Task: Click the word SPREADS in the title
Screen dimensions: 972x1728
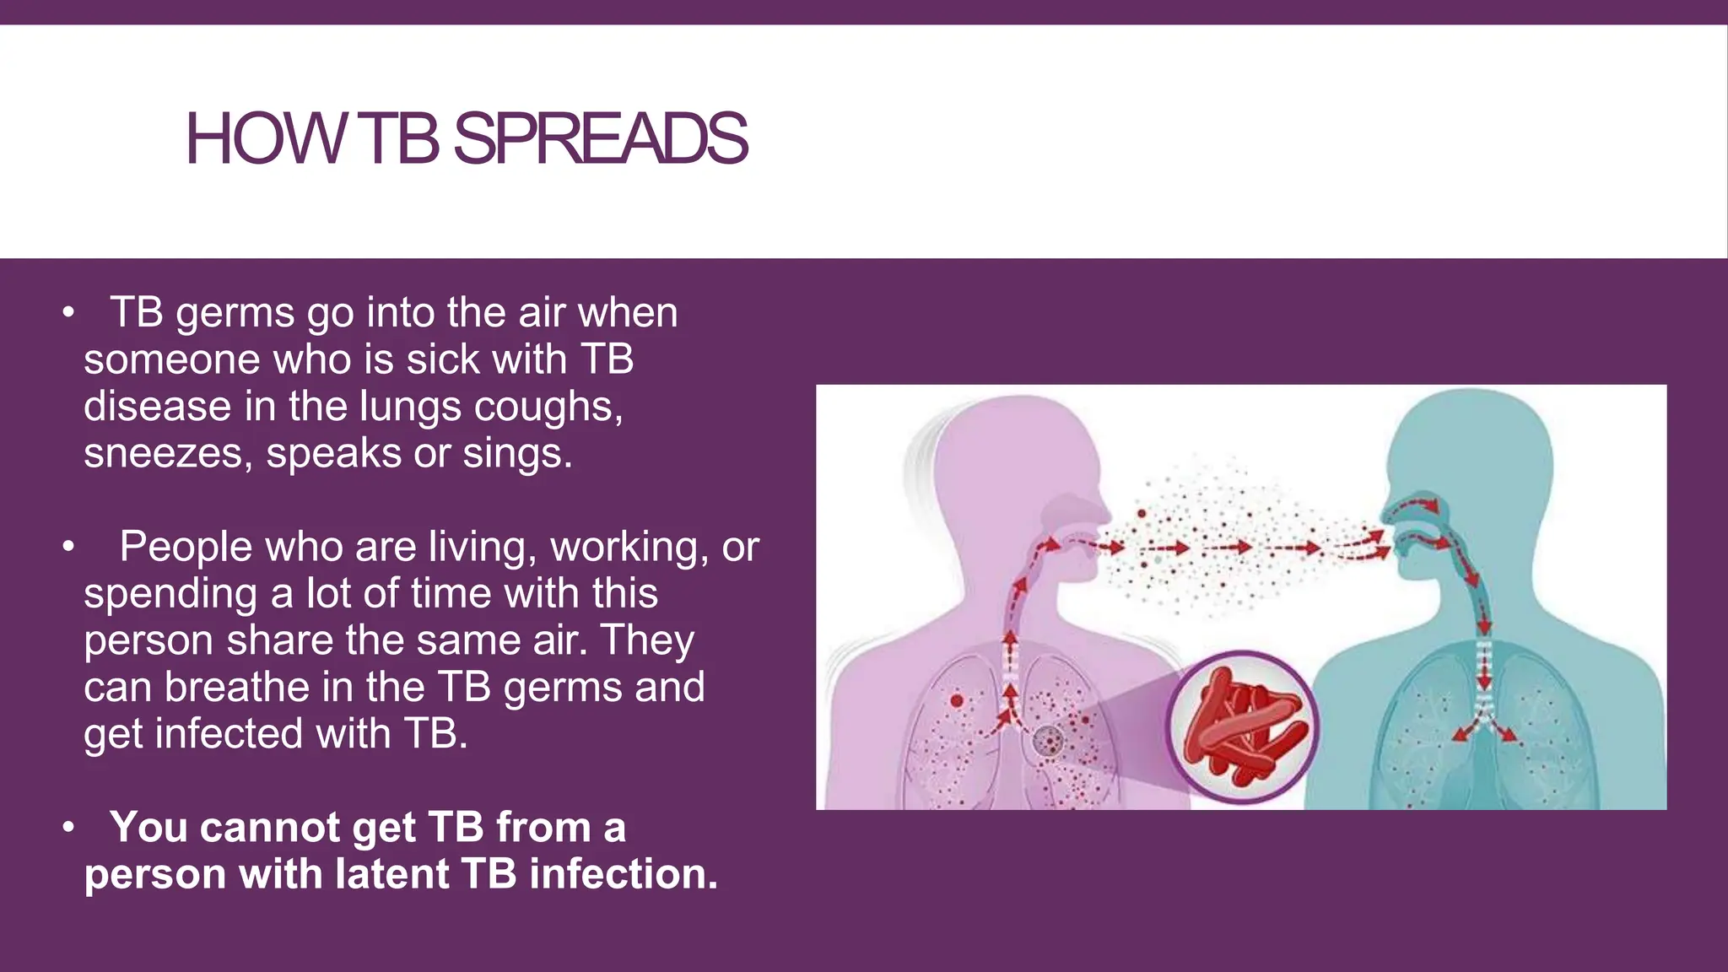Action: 600,139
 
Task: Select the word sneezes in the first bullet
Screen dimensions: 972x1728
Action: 168,454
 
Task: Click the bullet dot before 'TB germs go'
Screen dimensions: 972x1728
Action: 68,314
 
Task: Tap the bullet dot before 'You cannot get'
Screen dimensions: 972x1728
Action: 68,828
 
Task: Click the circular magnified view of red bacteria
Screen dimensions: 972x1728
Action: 1242,726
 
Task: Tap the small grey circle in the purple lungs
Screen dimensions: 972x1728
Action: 1049,741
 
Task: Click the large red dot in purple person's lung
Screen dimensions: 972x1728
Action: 956,700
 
